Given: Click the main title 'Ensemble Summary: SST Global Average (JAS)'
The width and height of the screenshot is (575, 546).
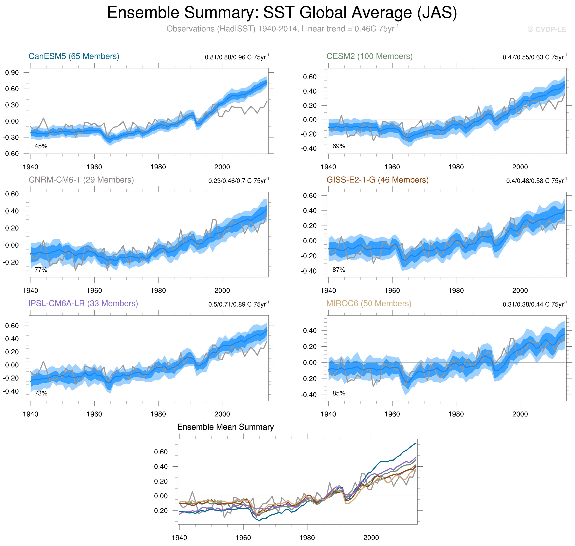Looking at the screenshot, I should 282,13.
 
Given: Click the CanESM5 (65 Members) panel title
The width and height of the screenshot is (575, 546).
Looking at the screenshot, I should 74,56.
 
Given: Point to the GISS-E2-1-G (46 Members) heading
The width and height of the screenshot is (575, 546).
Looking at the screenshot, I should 377,180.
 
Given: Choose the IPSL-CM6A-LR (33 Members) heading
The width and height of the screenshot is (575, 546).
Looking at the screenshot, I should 83,303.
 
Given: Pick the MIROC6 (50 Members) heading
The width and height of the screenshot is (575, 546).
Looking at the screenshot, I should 369,303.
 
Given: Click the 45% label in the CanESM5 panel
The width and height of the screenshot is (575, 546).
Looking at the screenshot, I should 41,146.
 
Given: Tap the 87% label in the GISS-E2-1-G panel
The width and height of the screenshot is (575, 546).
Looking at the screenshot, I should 339,270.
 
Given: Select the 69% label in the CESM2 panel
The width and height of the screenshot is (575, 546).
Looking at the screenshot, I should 339,146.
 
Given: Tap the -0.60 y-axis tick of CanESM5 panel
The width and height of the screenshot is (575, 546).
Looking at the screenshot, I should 11,154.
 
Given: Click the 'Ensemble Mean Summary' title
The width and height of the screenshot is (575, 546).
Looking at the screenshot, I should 226,427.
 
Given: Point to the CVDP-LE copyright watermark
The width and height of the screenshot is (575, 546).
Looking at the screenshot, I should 547,29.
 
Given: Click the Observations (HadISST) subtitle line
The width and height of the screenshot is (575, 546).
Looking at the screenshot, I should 282,29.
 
